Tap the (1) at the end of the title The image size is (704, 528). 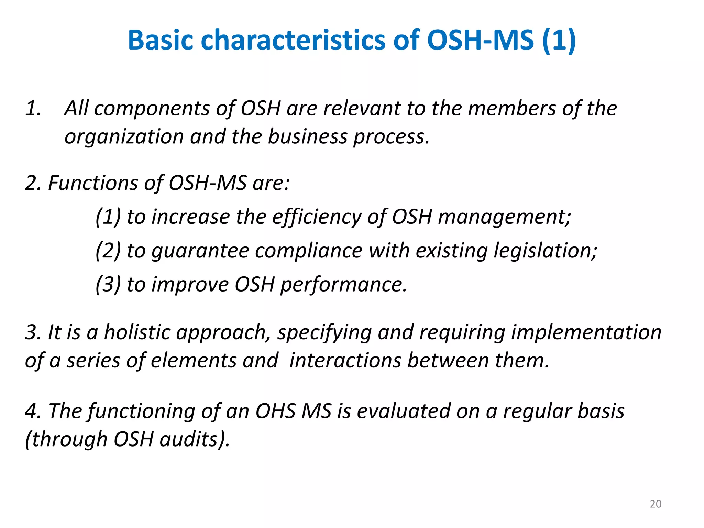tap(559, 40)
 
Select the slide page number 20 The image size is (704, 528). tap(656, 504)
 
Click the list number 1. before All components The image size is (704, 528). tap(33, 108)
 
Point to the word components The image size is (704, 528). tap(152, 109)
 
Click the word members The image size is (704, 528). tap(512, 108)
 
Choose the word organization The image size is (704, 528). tap(124, 137)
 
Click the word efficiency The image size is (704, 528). tap(317, 217)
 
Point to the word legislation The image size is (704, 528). tap(545, 251)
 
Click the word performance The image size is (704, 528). tap(343, 285)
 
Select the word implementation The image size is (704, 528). tap(586, 333)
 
